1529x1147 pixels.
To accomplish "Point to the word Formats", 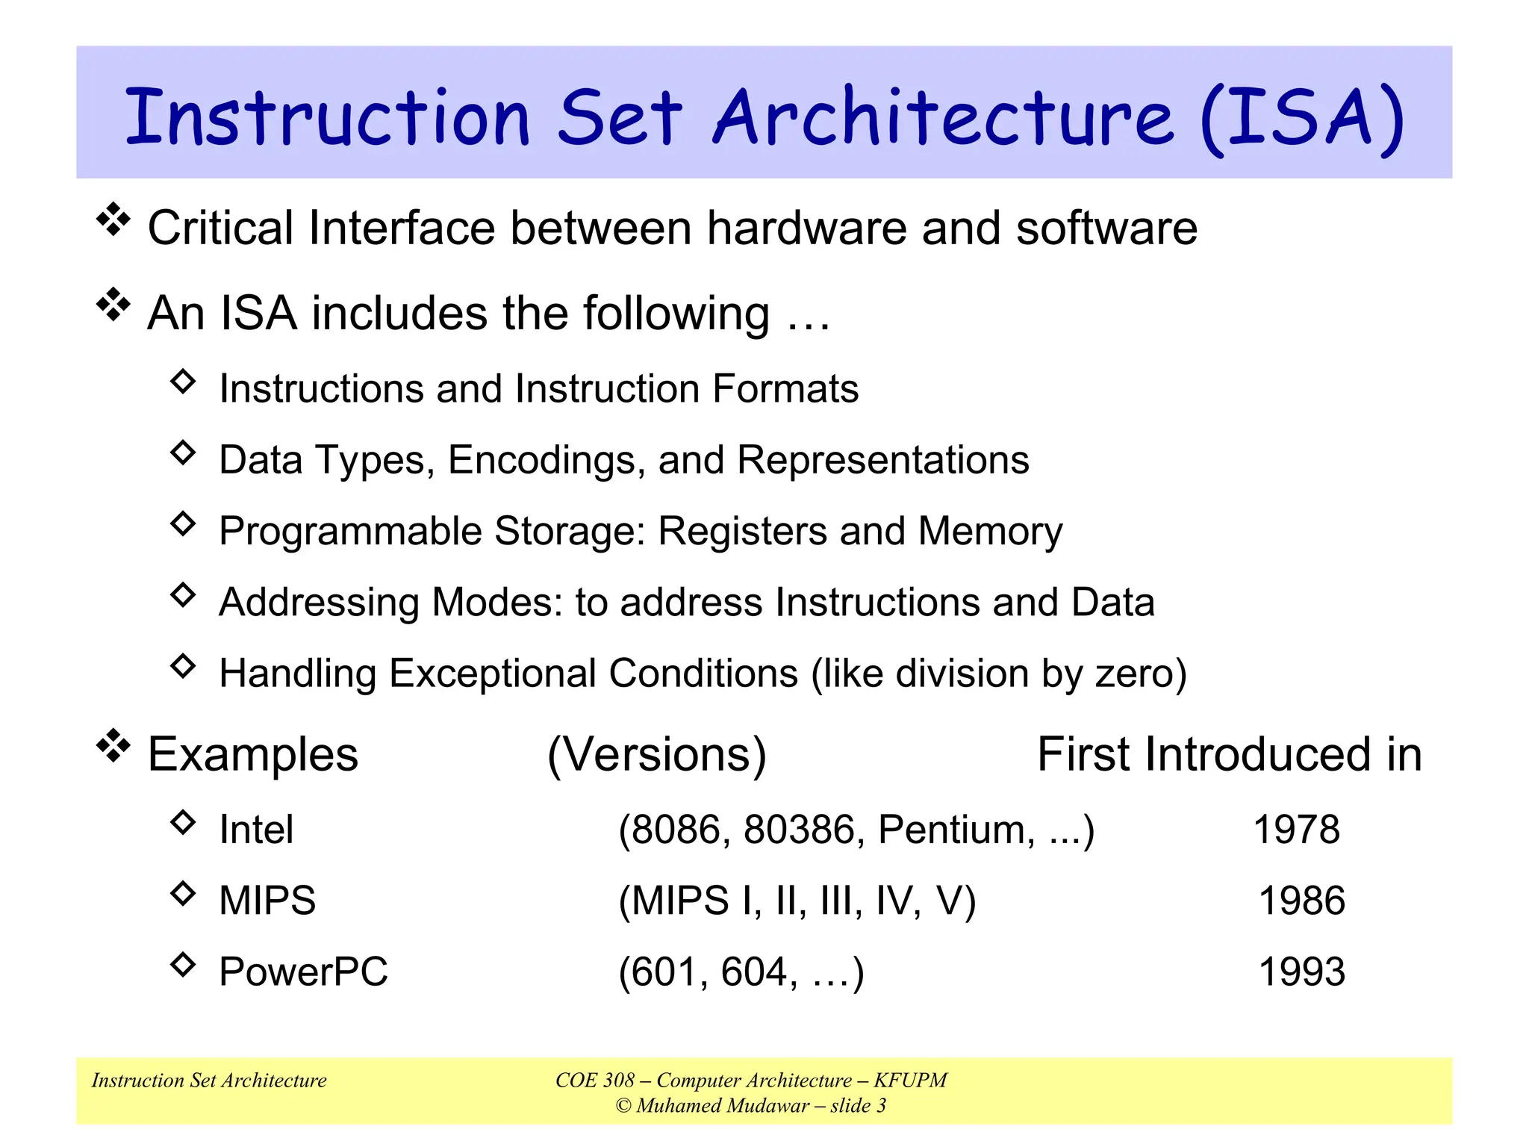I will click(785, 389).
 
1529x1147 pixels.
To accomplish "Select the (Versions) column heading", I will click(656, 754).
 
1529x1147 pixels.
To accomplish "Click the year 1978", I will click(1296, 830).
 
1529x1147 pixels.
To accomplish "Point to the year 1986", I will click(1301, 901).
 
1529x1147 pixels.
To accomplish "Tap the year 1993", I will click(1301, 972).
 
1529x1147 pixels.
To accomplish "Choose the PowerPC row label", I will click(303, 972).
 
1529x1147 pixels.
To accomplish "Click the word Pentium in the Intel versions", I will click(956, 830).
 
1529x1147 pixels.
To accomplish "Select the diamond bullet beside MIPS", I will click(183, 893).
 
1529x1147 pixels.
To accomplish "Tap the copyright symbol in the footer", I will click(623, 1106).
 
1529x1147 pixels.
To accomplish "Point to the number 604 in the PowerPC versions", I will click(753, 972).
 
